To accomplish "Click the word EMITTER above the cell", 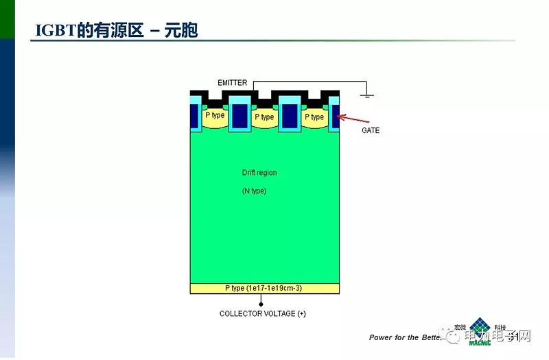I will (x=232, y=83).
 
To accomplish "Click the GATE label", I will (x=371, y=130).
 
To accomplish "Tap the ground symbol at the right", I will (x=367, y=93).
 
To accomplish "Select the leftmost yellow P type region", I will (x=215, y=117).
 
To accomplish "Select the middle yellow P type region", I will (x=264, y=118).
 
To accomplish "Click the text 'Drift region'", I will (x=259, y=173).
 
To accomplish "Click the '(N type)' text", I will (x=254, y=191).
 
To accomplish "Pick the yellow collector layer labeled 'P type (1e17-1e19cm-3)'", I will (x=264, y=288).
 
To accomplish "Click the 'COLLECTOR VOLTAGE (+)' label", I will (x=262, y=314).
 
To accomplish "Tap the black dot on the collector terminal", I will (x=261, y=302).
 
